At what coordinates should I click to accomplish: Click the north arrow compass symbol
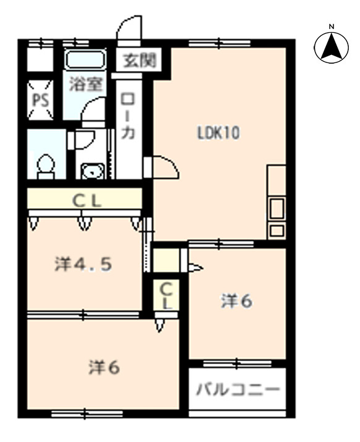[331, 48]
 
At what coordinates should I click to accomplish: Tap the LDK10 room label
[218, 133]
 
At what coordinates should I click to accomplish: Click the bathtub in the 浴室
[85, 59]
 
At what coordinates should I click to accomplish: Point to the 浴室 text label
[86, 83]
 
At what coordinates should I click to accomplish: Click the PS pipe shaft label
[41, 100]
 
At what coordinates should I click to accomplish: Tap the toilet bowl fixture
[46, 167]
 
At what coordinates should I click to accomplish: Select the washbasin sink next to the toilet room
[92, 171]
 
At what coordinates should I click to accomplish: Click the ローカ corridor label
[129, 116]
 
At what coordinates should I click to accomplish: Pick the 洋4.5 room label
[84, 265]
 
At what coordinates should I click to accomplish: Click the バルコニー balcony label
[238, 390]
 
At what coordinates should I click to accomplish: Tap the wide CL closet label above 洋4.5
[87, 202]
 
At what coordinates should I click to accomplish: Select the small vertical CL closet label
[166, 295]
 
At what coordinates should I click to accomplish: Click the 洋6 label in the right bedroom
[236, 301]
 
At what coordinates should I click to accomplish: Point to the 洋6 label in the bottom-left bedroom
[105, 368]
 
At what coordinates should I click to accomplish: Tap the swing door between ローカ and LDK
[161, 168]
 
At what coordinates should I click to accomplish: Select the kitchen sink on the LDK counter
[276, 208]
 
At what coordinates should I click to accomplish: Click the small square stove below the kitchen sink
[276, 231]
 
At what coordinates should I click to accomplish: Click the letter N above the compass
[332, 27]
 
